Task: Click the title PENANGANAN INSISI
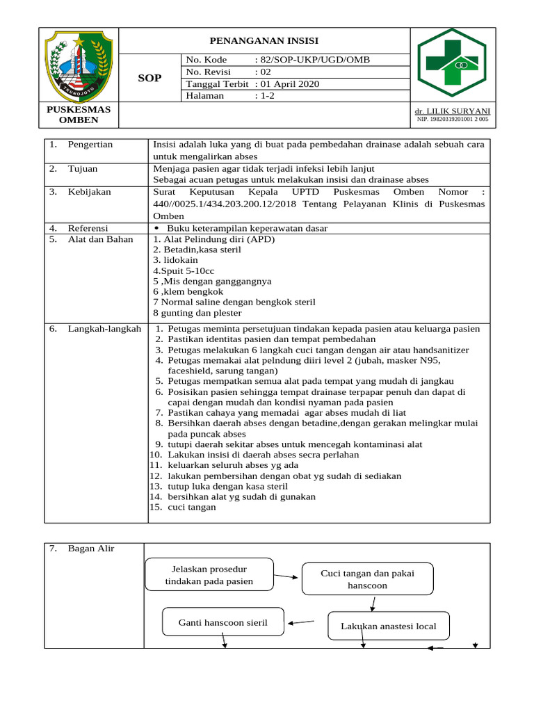pos(265,41)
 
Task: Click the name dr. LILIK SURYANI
pos(452,111)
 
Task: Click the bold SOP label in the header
pos(149,78)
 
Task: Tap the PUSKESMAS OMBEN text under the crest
pos(79,115)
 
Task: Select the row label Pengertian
pos(90,145)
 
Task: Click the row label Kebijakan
pos(90,192)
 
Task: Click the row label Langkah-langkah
pos(104,328)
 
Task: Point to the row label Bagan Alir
pos(91,549)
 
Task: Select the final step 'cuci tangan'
pos(191,507)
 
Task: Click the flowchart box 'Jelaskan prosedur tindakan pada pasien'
pos(209,575)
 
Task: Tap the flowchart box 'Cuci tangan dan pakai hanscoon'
pos(367,579)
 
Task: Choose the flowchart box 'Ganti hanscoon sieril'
pos(222,622)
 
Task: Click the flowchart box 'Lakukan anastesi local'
pos(388,626)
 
